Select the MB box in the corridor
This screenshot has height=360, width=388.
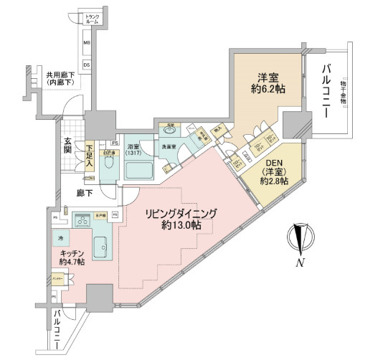(x=87, y=44)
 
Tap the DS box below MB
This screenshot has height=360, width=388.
(x=87, y=65)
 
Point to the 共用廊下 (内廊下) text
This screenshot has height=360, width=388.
(x=62, y=79)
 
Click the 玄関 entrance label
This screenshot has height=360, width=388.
(x=67, y=144)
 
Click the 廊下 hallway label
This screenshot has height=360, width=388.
(x=87, y=192)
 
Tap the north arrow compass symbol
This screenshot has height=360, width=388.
(x=300, y=239)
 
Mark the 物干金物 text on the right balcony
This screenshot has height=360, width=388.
(x=344, y=91)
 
